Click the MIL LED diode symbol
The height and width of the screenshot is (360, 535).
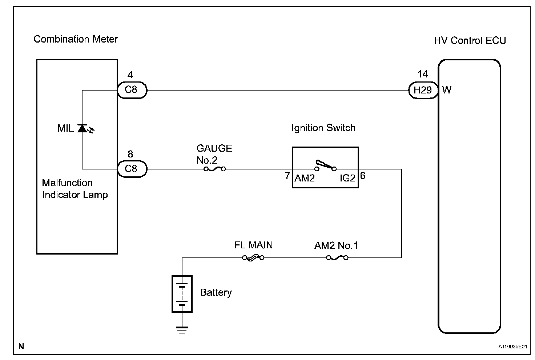pos(82,128)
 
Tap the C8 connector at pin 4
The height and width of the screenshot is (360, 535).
pos(132,90)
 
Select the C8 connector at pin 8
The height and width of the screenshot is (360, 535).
pos(132,169)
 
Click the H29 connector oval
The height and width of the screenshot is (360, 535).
pos(423,90)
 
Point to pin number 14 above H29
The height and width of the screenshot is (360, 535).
pos(423,74)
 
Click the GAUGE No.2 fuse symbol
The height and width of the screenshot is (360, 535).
pos(214,169)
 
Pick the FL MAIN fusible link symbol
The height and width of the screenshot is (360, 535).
pos(253,258)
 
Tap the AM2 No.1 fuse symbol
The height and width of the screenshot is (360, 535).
pos(337,258)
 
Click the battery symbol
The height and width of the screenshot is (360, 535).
pos(182,293)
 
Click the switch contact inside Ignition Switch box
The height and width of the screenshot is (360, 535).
pos(325,165)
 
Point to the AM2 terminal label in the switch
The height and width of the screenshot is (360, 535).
pos(304,178)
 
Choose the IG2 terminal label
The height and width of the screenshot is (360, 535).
pos(347,178)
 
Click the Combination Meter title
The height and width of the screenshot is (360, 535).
pos(76,39)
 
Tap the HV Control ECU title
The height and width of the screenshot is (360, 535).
pos(470,40)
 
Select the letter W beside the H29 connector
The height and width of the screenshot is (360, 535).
pos(447,90)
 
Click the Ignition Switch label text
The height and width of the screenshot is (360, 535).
pos(323,128)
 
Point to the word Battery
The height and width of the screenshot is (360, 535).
pos(216,293)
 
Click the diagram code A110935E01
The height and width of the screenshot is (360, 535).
pos(512,347)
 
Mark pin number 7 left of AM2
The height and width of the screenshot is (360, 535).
pos(287,176)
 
